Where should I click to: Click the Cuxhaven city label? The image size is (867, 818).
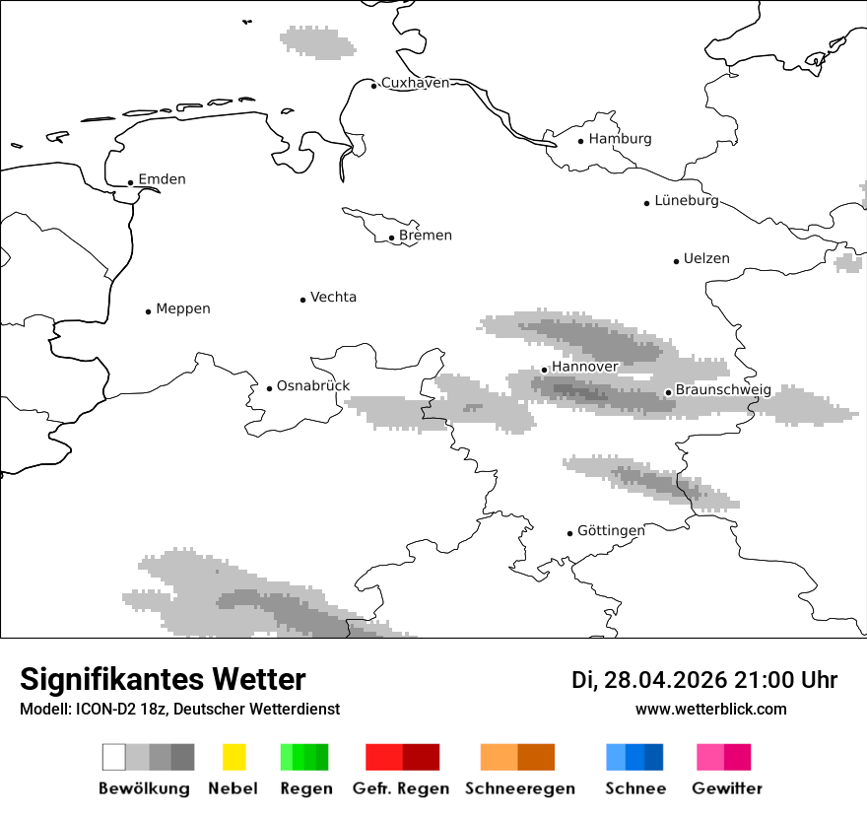point(415,83)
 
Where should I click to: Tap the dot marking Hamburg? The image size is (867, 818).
point(581,141)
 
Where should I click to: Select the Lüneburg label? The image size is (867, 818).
point(687,201)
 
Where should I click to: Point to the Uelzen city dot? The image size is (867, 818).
point(676,261)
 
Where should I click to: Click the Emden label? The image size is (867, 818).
point(162,179)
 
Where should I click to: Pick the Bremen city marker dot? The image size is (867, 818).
point(391,238)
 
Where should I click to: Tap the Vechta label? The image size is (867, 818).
point(333,298)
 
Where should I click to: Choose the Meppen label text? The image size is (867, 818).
point(183,309)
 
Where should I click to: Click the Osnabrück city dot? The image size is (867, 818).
point(269,388)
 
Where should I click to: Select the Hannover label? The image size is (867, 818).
point(585,367)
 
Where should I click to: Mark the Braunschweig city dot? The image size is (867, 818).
point(668,392)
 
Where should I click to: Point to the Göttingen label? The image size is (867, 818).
point(611,531)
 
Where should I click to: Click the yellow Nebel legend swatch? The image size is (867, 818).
point(233,757)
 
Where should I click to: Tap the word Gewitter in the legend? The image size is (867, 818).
point(727,788)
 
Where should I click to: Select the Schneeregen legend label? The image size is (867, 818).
point(520,788)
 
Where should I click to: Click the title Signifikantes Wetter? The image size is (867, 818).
point(163,679)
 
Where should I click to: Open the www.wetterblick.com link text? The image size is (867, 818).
point(710,709)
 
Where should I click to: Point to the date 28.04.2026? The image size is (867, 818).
point(665,680)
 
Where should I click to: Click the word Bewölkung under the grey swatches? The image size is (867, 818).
point(144,788)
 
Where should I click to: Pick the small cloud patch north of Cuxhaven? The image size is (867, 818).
point(316,41)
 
